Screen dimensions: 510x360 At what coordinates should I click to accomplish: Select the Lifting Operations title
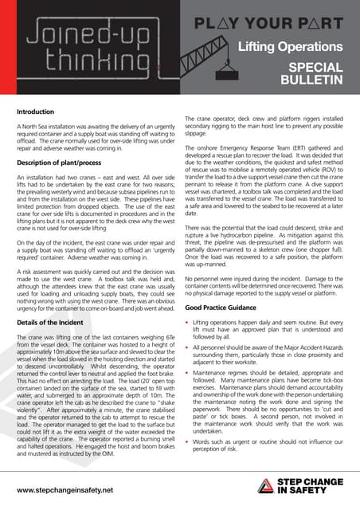click(x=293, y=48)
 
